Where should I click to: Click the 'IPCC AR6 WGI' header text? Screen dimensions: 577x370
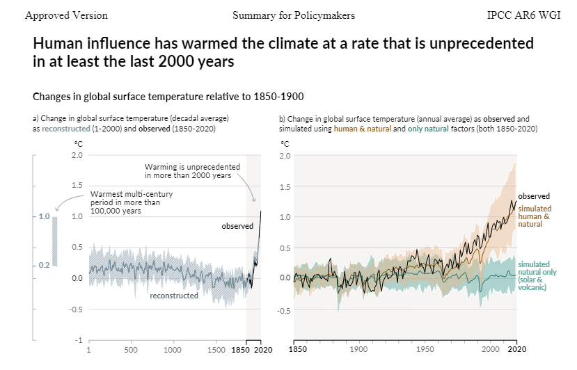(x=523, y=15)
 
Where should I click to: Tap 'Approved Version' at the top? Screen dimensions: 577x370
(x=67, y=15)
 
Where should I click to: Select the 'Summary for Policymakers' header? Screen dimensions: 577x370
(x=294, y=15)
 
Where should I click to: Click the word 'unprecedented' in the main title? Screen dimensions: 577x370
(x=482, y=43)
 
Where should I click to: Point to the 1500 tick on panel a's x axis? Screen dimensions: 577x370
(x=216, y=350)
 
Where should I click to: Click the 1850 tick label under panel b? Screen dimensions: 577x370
(x=298, y=349)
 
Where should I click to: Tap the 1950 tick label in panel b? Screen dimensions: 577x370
(x=425, y=349)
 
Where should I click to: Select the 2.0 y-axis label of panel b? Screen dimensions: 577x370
(x=285, y=156)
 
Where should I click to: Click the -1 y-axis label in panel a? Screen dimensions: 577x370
(x=79, y=340)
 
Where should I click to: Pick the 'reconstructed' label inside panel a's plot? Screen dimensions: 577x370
(x=174, y=296)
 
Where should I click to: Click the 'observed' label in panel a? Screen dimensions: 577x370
(x=237, y=226)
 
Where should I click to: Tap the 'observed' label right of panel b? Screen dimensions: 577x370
(x=534, y=196)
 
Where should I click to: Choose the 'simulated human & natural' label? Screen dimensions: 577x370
(x=535, y=216)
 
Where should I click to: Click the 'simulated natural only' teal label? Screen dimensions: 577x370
(x=537, y=275)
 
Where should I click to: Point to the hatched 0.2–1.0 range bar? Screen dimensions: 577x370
(x=55, y=241)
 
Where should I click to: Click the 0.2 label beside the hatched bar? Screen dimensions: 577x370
(x=44, y=265)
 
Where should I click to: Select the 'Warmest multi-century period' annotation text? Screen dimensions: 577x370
(x=132, y=202)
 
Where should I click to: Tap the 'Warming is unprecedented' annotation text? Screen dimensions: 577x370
(x=192, y=171)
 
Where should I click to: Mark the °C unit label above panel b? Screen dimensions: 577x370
(x=285, y=144)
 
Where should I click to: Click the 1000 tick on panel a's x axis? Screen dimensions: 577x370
(x=172, y=350)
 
